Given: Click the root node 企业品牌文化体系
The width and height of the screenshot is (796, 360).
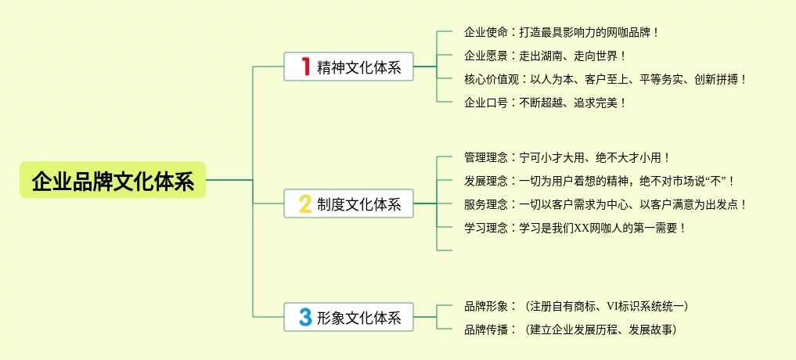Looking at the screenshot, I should (113, 181).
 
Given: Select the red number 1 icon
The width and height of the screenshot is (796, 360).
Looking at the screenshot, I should (306, 67).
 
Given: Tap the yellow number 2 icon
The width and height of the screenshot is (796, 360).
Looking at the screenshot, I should (305, 204).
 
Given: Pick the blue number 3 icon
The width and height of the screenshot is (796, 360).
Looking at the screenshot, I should (305, 318).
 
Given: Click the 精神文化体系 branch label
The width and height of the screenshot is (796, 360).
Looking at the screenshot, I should (359, 68).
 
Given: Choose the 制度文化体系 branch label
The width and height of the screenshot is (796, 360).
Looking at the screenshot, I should (359, 205).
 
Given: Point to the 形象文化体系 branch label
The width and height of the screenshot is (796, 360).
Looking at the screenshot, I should (359, 319).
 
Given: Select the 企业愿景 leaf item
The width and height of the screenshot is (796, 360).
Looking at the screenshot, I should (545, 56).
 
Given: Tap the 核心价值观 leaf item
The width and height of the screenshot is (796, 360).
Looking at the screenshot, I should (606, 79).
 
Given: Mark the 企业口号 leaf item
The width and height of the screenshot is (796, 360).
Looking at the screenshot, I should (545, 102).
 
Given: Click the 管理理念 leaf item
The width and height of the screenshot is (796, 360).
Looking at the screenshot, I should (567, 158).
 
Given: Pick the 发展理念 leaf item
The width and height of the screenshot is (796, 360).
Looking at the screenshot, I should (599, 182).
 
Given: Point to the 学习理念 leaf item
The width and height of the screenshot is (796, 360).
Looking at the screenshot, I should (575, 228).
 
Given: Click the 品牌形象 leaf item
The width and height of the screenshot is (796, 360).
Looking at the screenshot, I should (576, 306).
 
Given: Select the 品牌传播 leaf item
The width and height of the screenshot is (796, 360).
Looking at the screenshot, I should (570, 329).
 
